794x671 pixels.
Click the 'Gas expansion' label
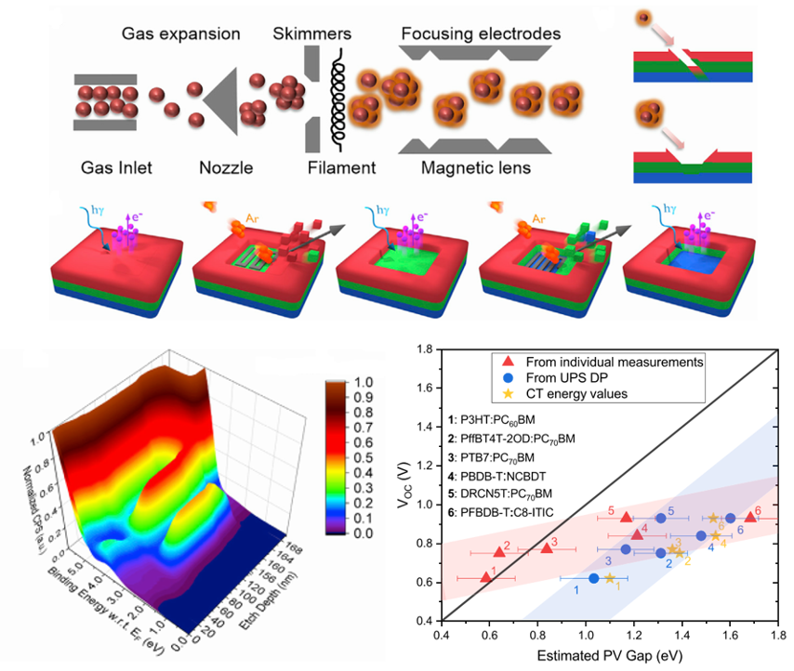pyautogui.click(x=181, y=34)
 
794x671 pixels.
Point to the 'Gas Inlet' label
pyautogui.click(x=114, y=168)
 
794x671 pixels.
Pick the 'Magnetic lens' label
pyautogui.click(x=477, y=168)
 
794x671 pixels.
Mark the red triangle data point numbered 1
pyautogui.click(x=485, y=577)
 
